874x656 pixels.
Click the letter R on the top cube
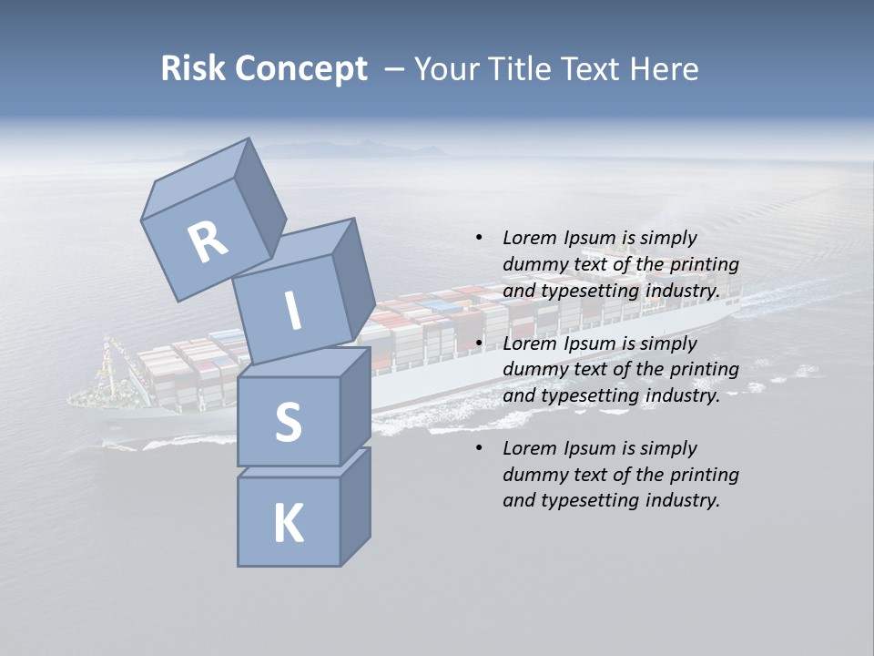pos(208,242)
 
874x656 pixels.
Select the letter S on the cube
pos(288,423)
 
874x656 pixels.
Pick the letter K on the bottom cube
pos(288,524)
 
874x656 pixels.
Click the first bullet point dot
pos(479,238)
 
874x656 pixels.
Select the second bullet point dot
pos(479,343)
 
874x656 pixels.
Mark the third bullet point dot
pos(479,448)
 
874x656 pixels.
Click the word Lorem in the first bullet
pos(529,238)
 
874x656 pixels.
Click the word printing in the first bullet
pos(704,264)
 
